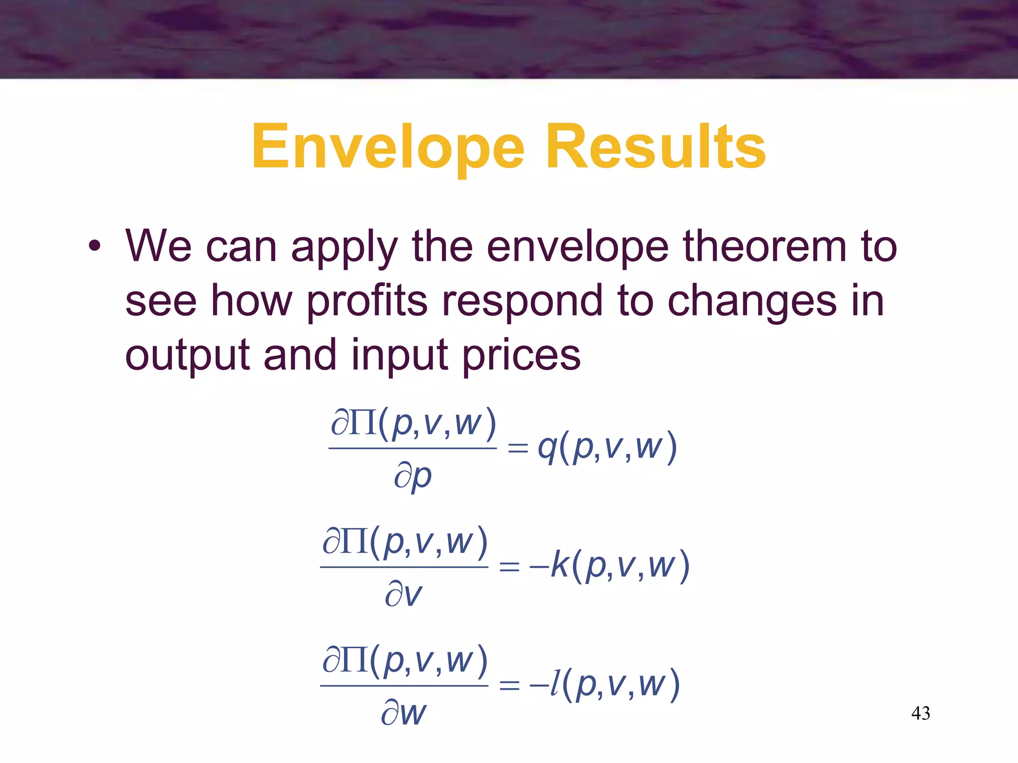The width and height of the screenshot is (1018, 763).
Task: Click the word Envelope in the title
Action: click(x=388, y=148)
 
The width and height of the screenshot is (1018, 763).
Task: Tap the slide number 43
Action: click(x=921, y=713)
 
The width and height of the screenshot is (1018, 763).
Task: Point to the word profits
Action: click(x=367, y=302)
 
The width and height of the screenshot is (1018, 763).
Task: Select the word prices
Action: click(x=521, y=356)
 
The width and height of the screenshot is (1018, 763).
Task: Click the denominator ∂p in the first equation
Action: click(x=413, y=476)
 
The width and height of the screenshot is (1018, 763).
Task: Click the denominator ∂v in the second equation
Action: click(x=403, y=595)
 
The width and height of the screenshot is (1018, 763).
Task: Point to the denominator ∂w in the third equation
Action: click(x=404, y=713)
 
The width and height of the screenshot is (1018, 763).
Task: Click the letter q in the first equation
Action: click(x=547, y=448)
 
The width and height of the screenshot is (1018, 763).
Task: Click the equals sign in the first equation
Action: click(x=517, y=448)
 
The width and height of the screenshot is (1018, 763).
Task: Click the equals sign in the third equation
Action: click(x=509, y=686)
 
